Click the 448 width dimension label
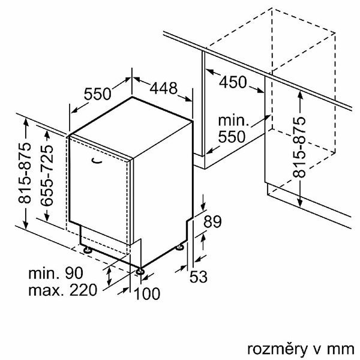(x=163, y=89)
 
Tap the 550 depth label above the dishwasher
(x=98, y=94)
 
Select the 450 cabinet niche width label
(x=233, y=82)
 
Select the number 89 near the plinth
(x=212, y=221)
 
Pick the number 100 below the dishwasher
(x=147, y=293)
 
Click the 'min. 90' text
(x=55, y=274)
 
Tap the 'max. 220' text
(x=62, y=292)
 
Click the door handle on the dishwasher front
(x=97, y=160)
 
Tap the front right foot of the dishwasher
(x=140, y=272)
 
